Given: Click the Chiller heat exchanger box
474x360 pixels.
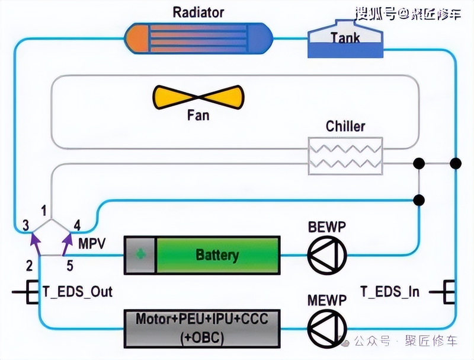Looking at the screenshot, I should [x=345, y=155].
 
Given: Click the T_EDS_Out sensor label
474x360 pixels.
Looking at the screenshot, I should [x=77, y=291].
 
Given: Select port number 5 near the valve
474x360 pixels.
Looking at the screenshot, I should [x=70, y=266].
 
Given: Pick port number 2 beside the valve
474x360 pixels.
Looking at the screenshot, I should [x=28, y=265].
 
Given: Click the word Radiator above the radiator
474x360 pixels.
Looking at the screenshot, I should [x=198, y=11].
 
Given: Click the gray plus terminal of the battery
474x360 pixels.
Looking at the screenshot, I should [x=140, y=256].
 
